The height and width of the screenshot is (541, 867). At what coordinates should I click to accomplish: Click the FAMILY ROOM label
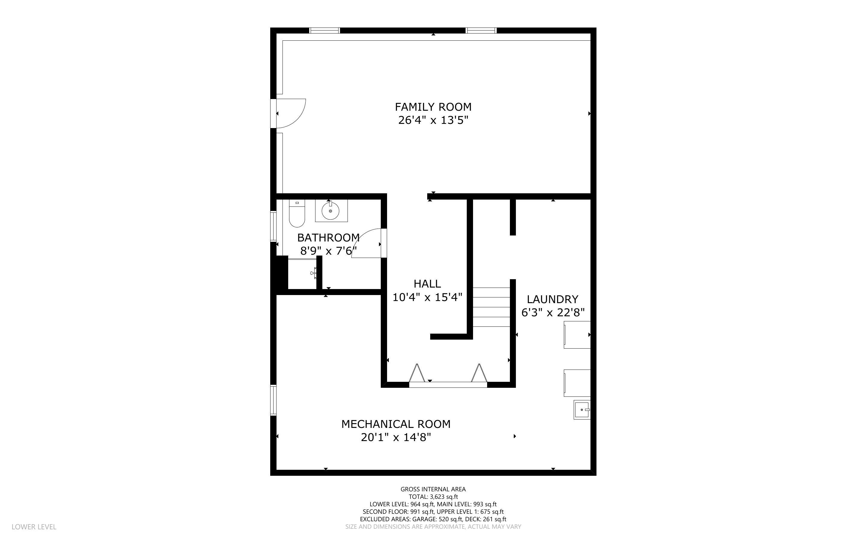pyautogui.click(x=433, y=107)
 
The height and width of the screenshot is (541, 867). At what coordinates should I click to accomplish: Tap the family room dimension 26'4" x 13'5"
pyautogui.click(x=433, y=120)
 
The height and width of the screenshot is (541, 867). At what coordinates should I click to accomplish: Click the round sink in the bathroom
pyautogui.click(x=330, y=211)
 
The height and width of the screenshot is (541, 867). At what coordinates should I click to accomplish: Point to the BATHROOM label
pyautogui.click(x=328, y=238)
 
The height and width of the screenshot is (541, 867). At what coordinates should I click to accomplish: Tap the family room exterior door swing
pyautogui.click(x=292, y=113)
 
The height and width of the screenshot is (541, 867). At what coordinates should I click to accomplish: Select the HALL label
pyautogui.click(x=427, y=284)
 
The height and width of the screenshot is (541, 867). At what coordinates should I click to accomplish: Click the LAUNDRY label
pyautogui.click(x=552, y=299)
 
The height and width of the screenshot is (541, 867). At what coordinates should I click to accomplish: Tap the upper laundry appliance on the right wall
pyautogui.click(x=577, y=335)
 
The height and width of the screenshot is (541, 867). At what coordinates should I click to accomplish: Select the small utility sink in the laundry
pyautogui.click(x=582, y=410)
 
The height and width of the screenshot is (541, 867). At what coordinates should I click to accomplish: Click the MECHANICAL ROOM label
pyautogui.click(x=396, y=424)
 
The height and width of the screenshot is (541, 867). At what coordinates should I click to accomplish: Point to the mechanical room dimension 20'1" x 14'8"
pyautogui.click(x=396, y=437)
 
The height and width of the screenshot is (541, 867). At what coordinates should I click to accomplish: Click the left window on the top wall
pyautogui.click(x=324, y=31)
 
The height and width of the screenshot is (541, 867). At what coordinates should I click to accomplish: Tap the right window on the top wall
pyautogui.click(x=481, y=31)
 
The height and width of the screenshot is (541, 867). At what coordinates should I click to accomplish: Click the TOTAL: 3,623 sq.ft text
pyautogui.click(x=433, y=497)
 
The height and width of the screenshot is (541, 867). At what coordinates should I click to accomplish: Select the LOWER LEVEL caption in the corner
pyautogui.click(x=34, y=527)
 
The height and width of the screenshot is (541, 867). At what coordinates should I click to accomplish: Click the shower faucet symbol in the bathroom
pyautogui.click(x=314, y=273)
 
